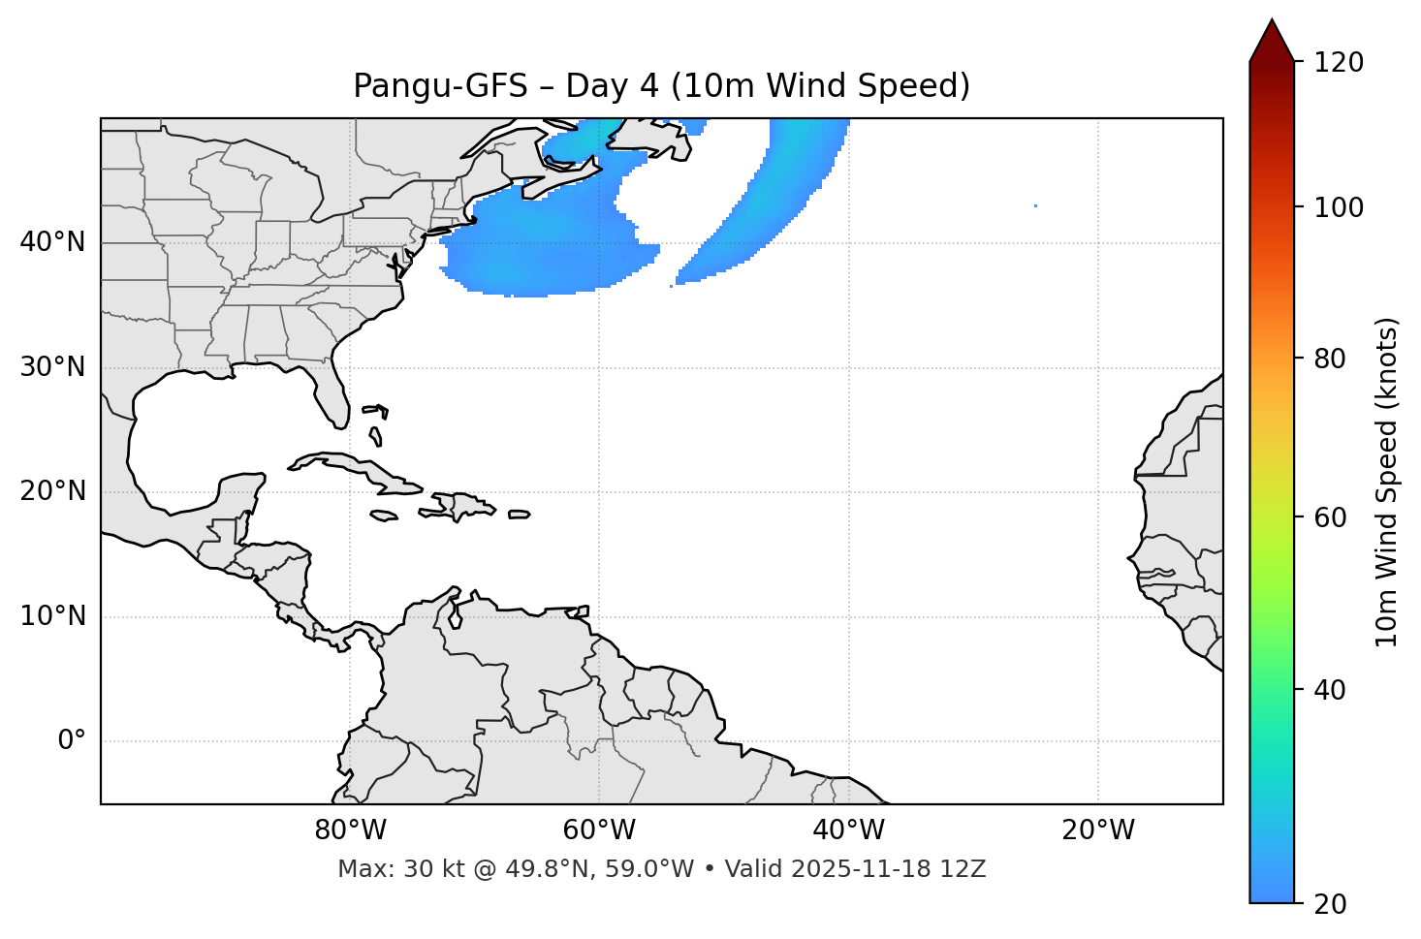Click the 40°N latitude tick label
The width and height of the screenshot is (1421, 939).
point(52,242)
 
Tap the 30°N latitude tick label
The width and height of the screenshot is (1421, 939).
point(52,367)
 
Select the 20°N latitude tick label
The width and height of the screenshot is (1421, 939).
point(52,491)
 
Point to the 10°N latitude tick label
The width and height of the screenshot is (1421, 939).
point(52,616)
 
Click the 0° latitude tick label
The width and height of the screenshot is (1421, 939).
point(72,741)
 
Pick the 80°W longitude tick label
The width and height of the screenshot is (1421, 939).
point(350,830)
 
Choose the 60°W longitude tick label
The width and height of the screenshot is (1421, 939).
point(599,830)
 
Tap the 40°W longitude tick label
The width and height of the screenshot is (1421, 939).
point(848,830)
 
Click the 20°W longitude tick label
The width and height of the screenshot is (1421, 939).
point(1098,830)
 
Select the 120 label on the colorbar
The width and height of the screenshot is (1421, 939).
point(1339,63)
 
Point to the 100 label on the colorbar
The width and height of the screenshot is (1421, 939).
point(1339,207)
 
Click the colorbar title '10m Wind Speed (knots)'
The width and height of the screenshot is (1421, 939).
point(1387,482)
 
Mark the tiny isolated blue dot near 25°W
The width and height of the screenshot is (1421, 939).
point(1035,205)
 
